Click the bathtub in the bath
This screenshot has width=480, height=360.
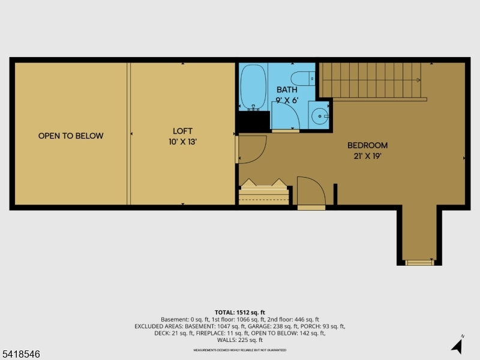click(253, 87)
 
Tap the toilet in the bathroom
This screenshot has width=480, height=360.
click(302, 78)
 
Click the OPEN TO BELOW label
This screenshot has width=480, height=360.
click(71, 136)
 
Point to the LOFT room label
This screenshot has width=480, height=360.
click(182, 131)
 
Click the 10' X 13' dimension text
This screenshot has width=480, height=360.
click(182, 142)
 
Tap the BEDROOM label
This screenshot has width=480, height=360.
click(367, 145)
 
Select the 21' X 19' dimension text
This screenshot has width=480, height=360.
click(367, 156)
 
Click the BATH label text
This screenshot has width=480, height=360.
click(287, 90)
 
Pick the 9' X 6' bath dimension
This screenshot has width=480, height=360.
click(287, 100)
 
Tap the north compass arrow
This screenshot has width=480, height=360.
click(457, 345)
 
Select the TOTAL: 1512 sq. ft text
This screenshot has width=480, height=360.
click(240, 313)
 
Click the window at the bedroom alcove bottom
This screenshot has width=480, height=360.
click(419, 262)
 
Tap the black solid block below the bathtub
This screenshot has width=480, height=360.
click(252, 121)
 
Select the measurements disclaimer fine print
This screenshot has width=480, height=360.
click(240, 350)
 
